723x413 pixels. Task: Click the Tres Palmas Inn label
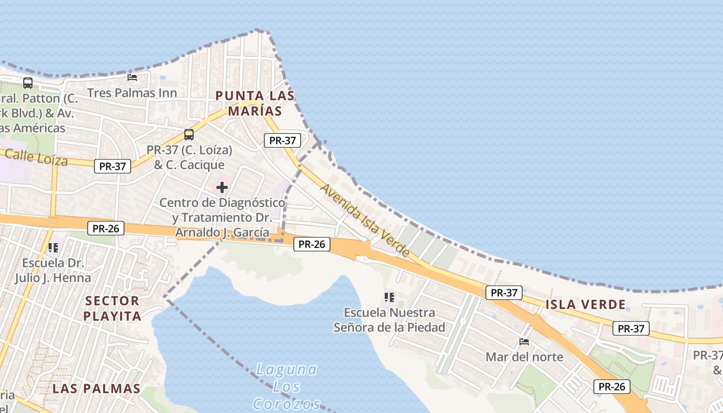coord(132,93)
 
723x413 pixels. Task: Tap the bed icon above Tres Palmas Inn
coord(132,77)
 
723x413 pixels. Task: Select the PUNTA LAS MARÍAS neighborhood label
coord(255,103)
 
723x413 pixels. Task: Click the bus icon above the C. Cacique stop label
coord(189,135)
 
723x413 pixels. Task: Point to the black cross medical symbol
coord(222,187)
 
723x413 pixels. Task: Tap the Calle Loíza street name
coord(37,157)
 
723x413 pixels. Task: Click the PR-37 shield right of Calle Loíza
coord(113,166)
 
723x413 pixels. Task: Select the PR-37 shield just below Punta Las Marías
coord(282,140)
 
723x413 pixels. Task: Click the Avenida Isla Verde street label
coord(365,220)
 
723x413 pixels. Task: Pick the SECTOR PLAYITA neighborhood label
coord(112,308)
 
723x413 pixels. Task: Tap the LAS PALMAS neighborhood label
coord(97,389)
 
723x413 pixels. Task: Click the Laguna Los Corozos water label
coord(287,386)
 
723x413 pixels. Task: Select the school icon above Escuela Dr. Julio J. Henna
coord(53,248)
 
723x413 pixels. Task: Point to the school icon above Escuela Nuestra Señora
coord(389,297)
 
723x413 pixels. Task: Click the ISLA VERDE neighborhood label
coord(586,305)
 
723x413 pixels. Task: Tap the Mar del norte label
coord(524,357)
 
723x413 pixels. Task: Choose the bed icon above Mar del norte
coord(524,341)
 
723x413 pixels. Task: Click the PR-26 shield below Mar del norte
coord(612,387)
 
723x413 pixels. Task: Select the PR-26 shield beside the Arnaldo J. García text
coord(312,244)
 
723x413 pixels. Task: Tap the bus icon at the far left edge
coord(28,83)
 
